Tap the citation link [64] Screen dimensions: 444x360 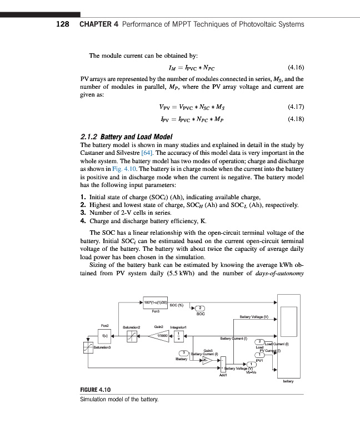point(135,153)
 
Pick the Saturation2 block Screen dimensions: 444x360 point(131,336)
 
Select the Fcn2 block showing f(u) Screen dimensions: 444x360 point(105,336)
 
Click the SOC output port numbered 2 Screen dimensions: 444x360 point(202,308)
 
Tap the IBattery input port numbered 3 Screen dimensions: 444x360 point(181,354)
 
